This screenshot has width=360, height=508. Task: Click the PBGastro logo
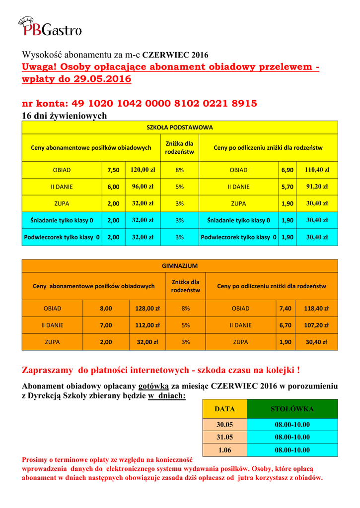(50, 26)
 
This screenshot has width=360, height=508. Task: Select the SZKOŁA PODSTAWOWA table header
(179, 127)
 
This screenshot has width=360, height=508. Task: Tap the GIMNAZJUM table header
(179, 266)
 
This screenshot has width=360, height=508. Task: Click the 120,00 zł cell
(143, 170)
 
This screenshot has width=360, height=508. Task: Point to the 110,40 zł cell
(317, 170)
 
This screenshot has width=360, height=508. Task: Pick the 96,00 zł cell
(143, 187)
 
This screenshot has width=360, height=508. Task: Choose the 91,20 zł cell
(317, 187)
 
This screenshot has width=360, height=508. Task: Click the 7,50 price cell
(113, 170)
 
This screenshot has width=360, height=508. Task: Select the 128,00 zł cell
(147, 309)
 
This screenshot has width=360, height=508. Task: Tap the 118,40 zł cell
(316, 309)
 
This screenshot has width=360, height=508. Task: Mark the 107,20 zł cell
(316, 325)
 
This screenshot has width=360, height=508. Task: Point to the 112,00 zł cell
(147, 325)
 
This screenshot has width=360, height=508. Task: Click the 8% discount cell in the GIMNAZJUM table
(186, 309)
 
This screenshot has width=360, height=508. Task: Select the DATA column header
(224, 409)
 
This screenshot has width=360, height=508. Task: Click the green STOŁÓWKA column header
(292, 409)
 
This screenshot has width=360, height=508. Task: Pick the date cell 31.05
(224, 437)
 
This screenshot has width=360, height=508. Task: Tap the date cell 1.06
(224, 450)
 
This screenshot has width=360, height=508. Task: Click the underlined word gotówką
(154, 386)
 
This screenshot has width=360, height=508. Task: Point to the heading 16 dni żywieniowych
(65, 116)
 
